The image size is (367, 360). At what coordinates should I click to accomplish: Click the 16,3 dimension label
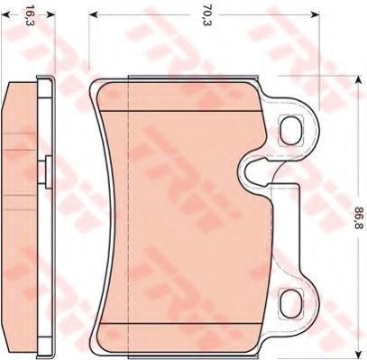click(29, 14)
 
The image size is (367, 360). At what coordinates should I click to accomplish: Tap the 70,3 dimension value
click(206, 14)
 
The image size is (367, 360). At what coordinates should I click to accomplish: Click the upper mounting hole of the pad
click(291, 130)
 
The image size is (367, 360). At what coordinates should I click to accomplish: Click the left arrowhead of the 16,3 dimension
click(6, 14)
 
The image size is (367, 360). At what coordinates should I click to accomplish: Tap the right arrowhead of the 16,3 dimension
click(51, 14)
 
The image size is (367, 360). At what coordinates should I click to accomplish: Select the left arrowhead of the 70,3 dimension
click(94, 14)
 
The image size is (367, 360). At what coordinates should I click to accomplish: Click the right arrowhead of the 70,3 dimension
click(315, 14)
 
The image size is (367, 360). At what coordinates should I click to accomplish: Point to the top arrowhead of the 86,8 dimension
click(358, 80)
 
